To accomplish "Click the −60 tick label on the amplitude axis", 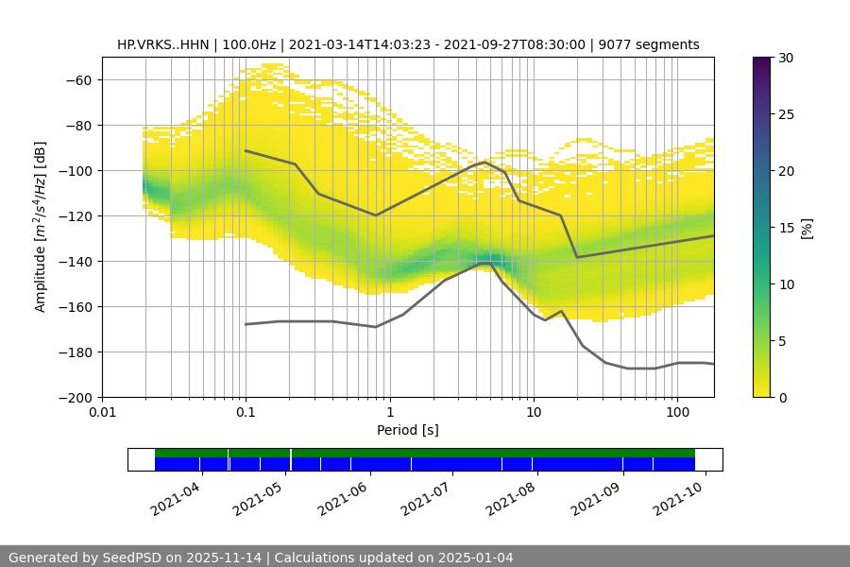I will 77,79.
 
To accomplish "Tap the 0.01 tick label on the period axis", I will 102,413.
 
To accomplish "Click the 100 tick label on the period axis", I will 677,413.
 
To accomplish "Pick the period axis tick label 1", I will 389,413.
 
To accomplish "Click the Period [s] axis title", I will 408,430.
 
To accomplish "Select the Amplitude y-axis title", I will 41,227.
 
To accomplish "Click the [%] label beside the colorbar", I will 806,228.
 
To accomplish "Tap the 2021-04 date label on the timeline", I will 176,497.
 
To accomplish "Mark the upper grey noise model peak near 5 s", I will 484,163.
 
